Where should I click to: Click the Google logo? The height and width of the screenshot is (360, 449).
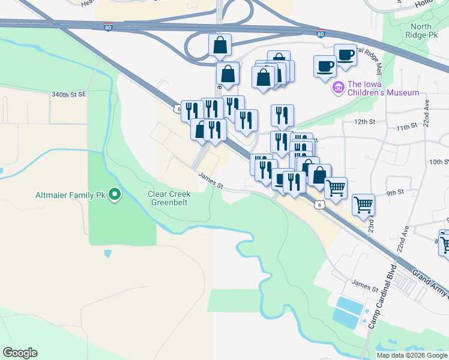pyautogui.click(x=20, y=353)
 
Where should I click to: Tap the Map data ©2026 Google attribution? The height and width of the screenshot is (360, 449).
pyautogui.click(x=412, y=355)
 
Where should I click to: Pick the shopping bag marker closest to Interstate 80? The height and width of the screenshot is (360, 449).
pyautogui.click(x=220, y=44)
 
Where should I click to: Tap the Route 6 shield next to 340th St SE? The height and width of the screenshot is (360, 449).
pyautogui.click(x=178, y=109)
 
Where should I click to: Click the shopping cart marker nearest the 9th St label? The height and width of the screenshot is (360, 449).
pyautogui.click(x=363, y=205)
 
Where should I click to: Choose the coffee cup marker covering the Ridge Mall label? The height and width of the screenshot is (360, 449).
pyautogui.click(x=345, y=55)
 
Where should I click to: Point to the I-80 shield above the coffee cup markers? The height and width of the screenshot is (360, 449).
pyautogui.click(x=321, y=34)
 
